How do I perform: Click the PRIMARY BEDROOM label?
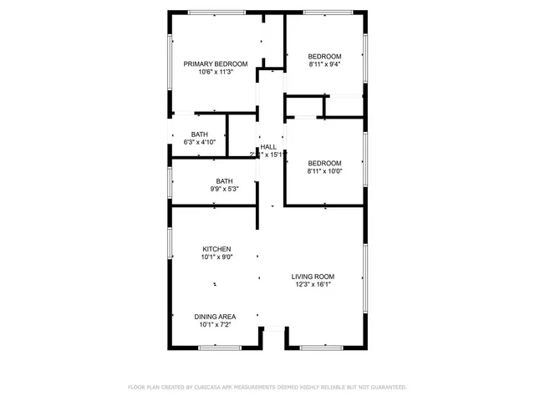coord(216,64)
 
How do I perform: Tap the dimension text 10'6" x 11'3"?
coord(216,73)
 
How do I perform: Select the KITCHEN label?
coord(217,249)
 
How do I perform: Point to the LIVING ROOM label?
coord(313,277)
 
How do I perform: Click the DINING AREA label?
coord(215,317)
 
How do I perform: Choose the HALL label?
coord(268,147)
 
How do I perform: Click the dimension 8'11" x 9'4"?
coord(324,64)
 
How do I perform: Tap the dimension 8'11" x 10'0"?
coord(324,171)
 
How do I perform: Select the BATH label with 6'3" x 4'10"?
coord(199,135)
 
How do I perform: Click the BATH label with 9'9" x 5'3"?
coord(224,181)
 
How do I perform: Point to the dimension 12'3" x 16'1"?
coord(313,285)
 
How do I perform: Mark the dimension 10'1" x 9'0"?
coord(217,257)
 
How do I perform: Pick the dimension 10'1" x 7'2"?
coord(215,325)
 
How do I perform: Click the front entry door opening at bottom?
coord(273,330)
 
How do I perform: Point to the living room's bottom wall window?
coord(321,347)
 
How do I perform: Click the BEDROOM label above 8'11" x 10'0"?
coord(324,163)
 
